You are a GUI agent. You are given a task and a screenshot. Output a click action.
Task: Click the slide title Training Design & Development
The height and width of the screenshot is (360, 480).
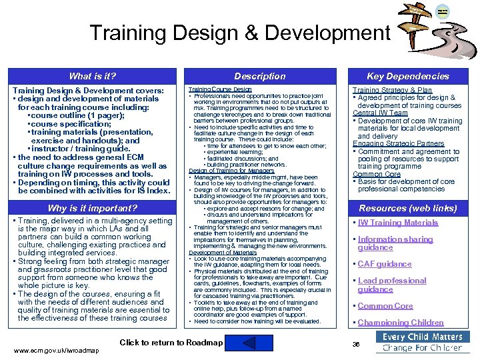coord(240,33)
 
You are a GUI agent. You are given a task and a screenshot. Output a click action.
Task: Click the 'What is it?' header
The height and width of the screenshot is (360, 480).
coord(93,76)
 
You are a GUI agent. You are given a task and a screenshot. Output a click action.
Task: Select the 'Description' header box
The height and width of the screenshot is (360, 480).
coord(260,76)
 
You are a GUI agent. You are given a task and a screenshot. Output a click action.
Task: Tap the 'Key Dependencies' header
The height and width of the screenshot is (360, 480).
coord(408,76)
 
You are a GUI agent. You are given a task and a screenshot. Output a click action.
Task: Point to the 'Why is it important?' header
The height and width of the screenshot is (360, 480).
coord(93,208)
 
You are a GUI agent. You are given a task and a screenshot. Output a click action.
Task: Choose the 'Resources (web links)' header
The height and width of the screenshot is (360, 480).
coord(408,208)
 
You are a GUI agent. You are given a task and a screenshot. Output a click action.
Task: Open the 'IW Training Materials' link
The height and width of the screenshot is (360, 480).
coord(398,223)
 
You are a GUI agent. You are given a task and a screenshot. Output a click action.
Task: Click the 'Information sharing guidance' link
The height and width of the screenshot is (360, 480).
coord(395,243)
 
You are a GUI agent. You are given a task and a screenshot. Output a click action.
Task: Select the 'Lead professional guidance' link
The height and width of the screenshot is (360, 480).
coord(391,285)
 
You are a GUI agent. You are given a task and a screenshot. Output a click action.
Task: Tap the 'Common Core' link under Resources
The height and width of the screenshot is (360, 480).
coord(385,306)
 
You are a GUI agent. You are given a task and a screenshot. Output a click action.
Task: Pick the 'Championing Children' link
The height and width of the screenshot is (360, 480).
coord(401,323)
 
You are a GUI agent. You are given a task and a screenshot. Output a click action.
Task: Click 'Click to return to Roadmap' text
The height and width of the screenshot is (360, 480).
coord(171,343)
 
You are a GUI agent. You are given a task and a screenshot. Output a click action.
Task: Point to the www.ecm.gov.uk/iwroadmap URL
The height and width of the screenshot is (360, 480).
coord(56,351)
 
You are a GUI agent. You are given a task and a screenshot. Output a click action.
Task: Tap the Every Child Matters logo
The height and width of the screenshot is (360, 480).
coord(422,342)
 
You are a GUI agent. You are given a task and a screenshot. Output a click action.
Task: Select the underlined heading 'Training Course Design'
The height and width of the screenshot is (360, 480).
coord(220,89)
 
